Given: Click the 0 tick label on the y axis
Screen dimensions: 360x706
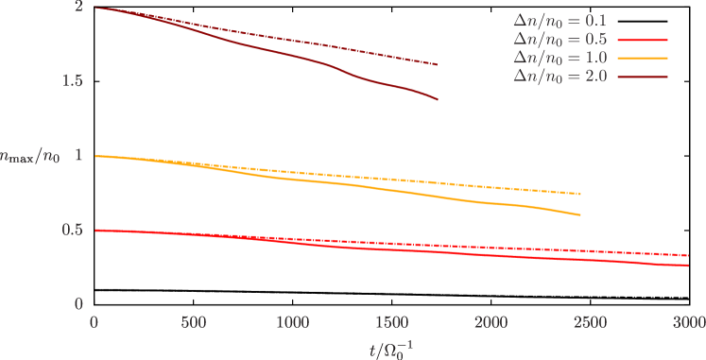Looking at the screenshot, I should [x=79, y=304].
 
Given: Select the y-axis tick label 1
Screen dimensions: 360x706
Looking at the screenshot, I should [x=79, y=156].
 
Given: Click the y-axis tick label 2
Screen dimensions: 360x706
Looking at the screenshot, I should [x=79, y=8].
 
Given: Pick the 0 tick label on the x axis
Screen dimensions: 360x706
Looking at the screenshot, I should [x=94, y=322].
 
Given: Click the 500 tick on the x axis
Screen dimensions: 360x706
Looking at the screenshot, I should [x=193, y=322].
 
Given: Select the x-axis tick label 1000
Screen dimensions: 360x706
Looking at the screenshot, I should [x=292, y=322].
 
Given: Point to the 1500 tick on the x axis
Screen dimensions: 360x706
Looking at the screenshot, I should [x=391, y=322].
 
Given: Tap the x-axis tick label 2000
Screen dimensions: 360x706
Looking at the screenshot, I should [x=491, y=322].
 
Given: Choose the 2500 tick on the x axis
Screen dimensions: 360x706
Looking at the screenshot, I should [x=590, y=322].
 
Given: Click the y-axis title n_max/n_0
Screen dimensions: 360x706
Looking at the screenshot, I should [x=30, y=156].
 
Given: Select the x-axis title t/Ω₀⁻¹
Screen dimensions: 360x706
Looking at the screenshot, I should [x=391, y=348].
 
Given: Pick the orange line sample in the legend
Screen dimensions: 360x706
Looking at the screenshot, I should [x=642, y=58].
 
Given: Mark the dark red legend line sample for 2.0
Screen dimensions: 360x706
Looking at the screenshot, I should [x=642, y=75].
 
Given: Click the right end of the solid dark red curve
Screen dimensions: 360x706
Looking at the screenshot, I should [x=438, y=99].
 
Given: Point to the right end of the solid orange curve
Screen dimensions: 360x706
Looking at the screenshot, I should [x=580, y=215].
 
